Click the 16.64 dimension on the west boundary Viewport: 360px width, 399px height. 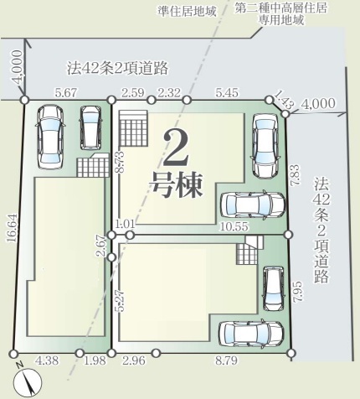(13, 228)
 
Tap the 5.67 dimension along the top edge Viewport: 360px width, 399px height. (65, 93)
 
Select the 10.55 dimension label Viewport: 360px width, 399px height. (234, 226)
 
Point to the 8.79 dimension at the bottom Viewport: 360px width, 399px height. (226, 360)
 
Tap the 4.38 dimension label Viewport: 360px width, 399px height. (47, 360)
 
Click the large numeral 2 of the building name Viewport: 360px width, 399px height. (176, 148)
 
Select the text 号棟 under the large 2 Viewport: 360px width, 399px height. (177, 184)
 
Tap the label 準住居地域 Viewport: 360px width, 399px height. (187, 12)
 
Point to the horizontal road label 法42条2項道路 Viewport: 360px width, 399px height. (117, 68)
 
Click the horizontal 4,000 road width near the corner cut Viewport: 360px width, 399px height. (318, 104)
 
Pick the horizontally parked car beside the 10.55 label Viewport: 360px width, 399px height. (253, 205)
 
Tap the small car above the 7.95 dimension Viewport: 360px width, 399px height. (274, 288)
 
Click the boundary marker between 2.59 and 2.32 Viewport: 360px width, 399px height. (151, 100)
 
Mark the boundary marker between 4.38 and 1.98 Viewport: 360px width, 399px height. (80, 353)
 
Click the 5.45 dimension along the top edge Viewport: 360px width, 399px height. (227, 93)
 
